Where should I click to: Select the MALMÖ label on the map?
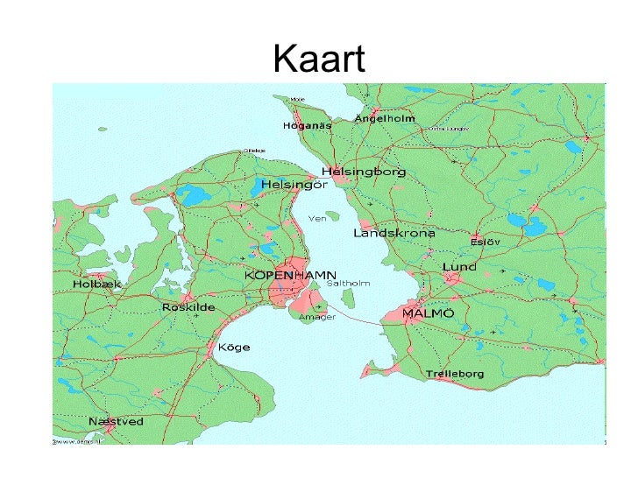pos(428,313)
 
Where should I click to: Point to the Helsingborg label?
pos(364,172)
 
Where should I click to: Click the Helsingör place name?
pos(294,186)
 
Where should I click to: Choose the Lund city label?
pos(460,267)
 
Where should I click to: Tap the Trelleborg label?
pos(455,374)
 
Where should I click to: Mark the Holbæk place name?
pos(97,285)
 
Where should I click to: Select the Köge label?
pos(233,348)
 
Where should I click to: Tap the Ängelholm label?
pos(385,118)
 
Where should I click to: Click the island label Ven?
pos(316,219)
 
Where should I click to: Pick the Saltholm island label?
pos(348,284)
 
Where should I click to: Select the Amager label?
pos(317,318)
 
